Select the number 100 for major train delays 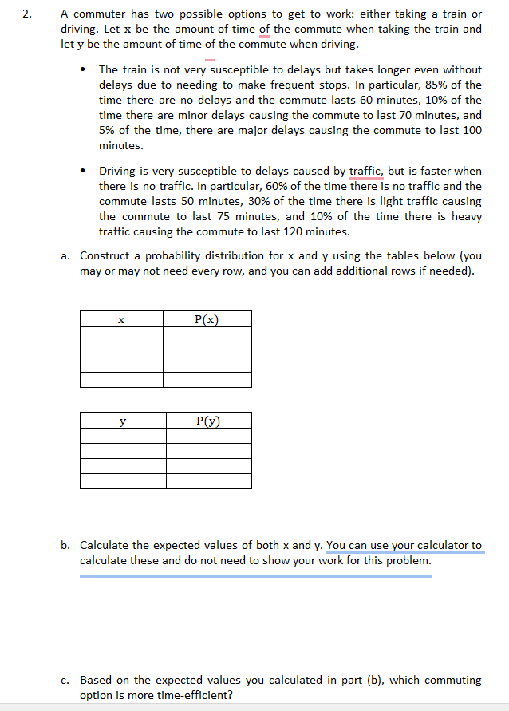tap(472, 130)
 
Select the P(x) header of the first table tap(207, 319)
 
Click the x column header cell tap(121, 319)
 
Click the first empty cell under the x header tap(121, 334)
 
